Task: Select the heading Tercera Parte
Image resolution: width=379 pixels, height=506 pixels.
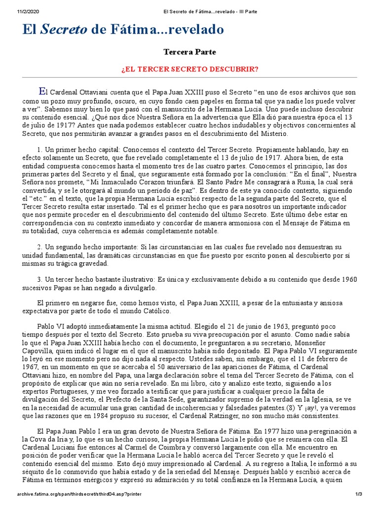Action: (189, 51)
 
